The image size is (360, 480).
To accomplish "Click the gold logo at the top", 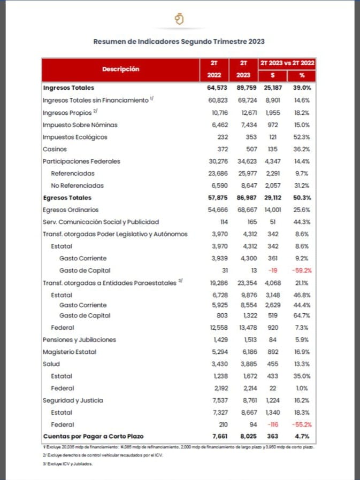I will point(179,19).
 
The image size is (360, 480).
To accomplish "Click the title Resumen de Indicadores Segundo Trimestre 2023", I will point(179,41).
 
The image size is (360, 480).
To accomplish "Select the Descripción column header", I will point(120,69).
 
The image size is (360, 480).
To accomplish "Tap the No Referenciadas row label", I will point(77,185).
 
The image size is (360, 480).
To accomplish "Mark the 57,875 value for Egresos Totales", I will point(218,198).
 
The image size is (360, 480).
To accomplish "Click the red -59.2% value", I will point(303,270).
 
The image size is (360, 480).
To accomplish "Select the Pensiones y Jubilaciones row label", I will point(79,339).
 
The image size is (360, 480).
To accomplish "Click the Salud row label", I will point(51,363).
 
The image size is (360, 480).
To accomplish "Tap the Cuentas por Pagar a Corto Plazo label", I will point(93,437).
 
